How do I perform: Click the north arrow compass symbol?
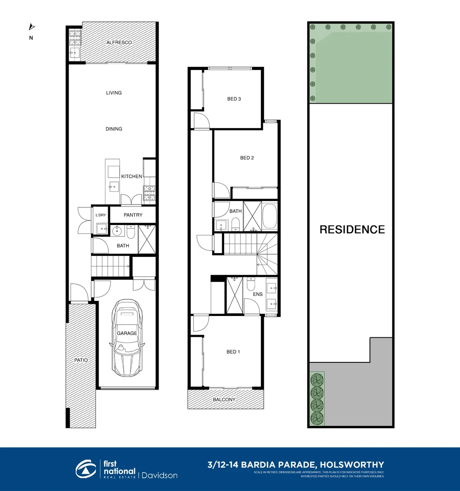31,27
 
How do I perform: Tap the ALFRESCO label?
119,42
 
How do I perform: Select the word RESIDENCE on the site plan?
352,230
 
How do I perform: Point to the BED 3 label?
234,99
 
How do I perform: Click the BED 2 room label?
247,158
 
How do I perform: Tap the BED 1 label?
233,351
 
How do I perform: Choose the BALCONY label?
225,400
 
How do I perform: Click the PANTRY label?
133,215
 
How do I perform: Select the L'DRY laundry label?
100,215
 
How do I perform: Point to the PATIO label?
81,360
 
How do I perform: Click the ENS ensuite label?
258,294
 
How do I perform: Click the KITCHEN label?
131,176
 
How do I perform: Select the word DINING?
114,129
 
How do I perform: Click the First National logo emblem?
86,469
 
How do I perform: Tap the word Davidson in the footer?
159,476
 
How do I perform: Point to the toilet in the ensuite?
252,285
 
